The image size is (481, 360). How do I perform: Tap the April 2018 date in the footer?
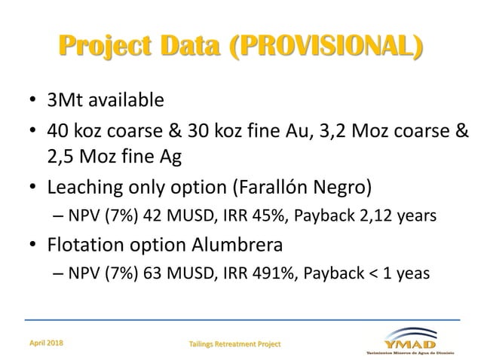point(47,343)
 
